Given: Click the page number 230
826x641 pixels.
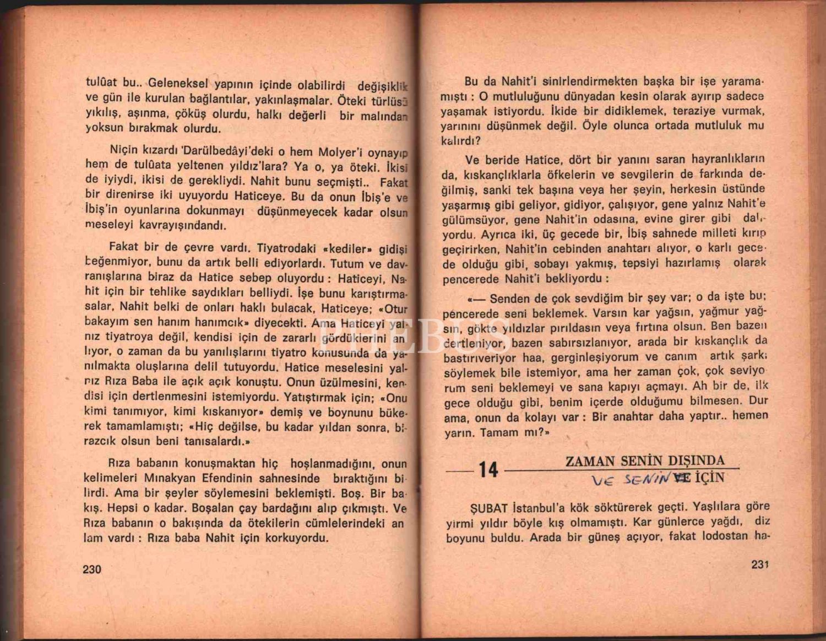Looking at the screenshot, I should click(x=92, y=569).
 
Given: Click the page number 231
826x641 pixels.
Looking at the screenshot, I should click(x=759, y=564).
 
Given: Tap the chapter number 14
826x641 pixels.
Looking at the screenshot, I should click(x=488, y=470).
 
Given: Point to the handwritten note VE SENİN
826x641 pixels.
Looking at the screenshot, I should click(x=630, y=479).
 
